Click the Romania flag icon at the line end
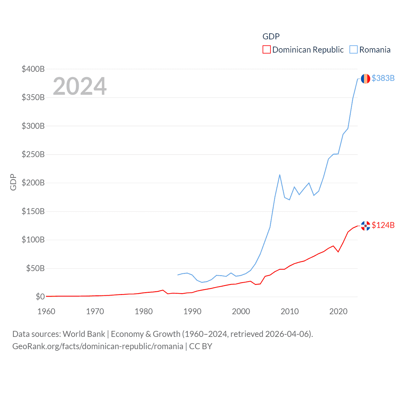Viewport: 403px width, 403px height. (365, 78)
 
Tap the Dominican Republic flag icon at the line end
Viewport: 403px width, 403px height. (365, 225)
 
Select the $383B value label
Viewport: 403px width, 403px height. (383, 78)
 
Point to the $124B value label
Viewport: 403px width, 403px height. (383, 225)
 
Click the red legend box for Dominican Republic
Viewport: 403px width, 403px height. (266, 50)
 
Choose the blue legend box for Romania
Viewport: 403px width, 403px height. (354, 50)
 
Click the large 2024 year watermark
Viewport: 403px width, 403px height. (80, 86)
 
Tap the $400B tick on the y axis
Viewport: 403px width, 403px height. (33, 69)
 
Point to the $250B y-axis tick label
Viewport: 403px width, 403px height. (33, 154)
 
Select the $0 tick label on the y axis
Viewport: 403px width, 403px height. (40, 297)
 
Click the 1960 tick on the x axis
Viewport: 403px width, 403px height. (46, 311)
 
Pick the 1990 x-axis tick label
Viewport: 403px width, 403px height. (192, 311)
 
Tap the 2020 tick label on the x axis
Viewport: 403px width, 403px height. (338, 311)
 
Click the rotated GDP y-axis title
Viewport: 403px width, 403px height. (13, 182)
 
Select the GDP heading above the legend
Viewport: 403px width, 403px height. (271, 37)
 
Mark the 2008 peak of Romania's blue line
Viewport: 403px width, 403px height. (280, 175)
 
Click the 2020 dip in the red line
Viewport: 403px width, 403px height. (338, 252)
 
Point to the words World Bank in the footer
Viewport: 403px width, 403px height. (84, 334)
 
